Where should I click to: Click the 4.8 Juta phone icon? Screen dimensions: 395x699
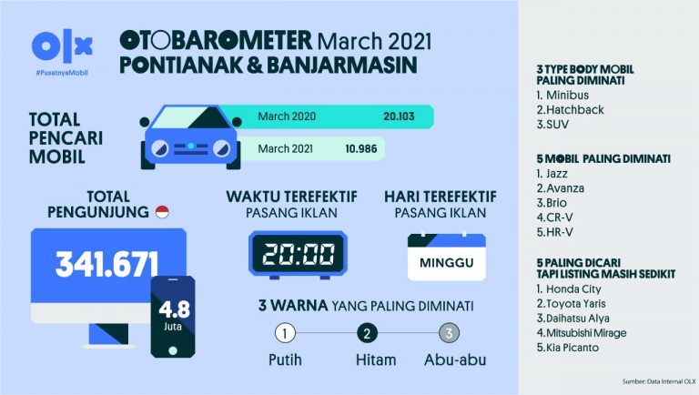(x=172, y=317)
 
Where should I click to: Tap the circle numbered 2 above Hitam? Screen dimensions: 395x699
(x=369, y=333)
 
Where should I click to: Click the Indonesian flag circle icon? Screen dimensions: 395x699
(x=162, y=212)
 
